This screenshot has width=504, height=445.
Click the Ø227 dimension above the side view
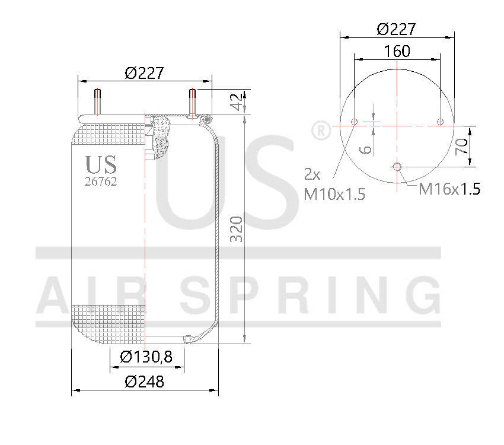click(x=144, y=73)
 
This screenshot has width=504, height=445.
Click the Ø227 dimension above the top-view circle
click(x=396, y=29)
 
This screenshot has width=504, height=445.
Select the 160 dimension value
click(x=397, y=52)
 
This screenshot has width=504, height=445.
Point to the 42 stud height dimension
click(x=237, y=101)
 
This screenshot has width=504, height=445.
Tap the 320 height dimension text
click(x=237, y=228)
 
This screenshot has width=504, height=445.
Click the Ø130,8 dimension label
click(x=146, y=357)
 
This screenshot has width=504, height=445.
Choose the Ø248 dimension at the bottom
click(x=144, y=382)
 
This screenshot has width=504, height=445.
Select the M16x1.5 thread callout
click(x=449, y=189)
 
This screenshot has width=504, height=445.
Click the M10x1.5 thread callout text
click(x=334, y=193)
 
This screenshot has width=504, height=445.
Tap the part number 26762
click(x=101, y=182)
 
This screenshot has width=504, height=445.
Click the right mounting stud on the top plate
click(x=193, y=102)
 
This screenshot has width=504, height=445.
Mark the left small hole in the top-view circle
click(x=354, y=122)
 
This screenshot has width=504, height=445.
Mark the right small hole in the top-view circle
click(x=440, y=122)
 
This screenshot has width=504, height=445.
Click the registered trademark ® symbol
click(x=320, y=130)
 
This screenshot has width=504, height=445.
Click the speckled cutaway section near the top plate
click(x=161, y=136)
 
